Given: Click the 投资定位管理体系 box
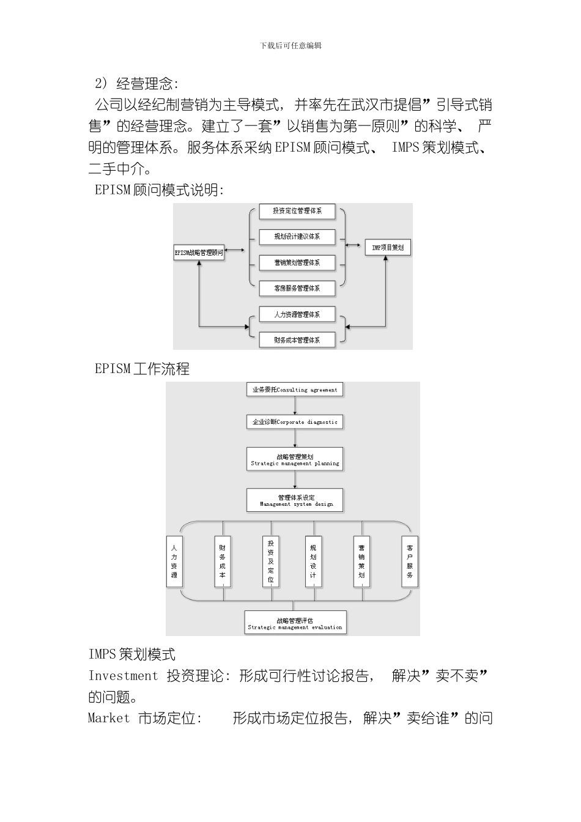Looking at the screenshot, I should click(297, 211).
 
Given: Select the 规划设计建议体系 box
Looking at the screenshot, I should click(297, 237).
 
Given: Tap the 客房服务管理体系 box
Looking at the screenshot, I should click(297, 288).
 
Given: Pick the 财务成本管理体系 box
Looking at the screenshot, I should click(297, 340).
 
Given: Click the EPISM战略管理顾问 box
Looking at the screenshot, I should click(199, 253).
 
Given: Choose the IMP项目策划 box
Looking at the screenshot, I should click(388, 248).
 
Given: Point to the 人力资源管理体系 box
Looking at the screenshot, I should click(297, 314).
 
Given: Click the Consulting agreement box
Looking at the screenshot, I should click(295, 390).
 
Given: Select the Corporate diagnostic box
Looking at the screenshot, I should click(295, 421).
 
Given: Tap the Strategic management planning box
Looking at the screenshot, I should click(295, 459).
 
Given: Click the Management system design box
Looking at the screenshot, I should click(295, 500).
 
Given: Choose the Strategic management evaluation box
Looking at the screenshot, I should click(295, 623).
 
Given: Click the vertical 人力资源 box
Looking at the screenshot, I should click(174, 562).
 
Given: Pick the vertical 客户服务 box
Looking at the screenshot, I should click(410, 562).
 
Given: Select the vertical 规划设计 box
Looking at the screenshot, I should click(313, 562).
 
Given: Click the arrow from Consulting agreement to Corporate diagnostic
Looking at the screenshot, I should click(295, 405).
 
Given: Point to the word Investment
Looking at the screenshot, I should click(123, 676).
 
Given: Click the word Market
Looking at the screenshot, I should click(109, 718).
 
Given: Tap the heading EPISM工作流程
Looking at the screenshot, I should click(142, 369).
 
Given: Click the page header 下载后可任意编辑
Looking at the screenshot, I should click(290, 45).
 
